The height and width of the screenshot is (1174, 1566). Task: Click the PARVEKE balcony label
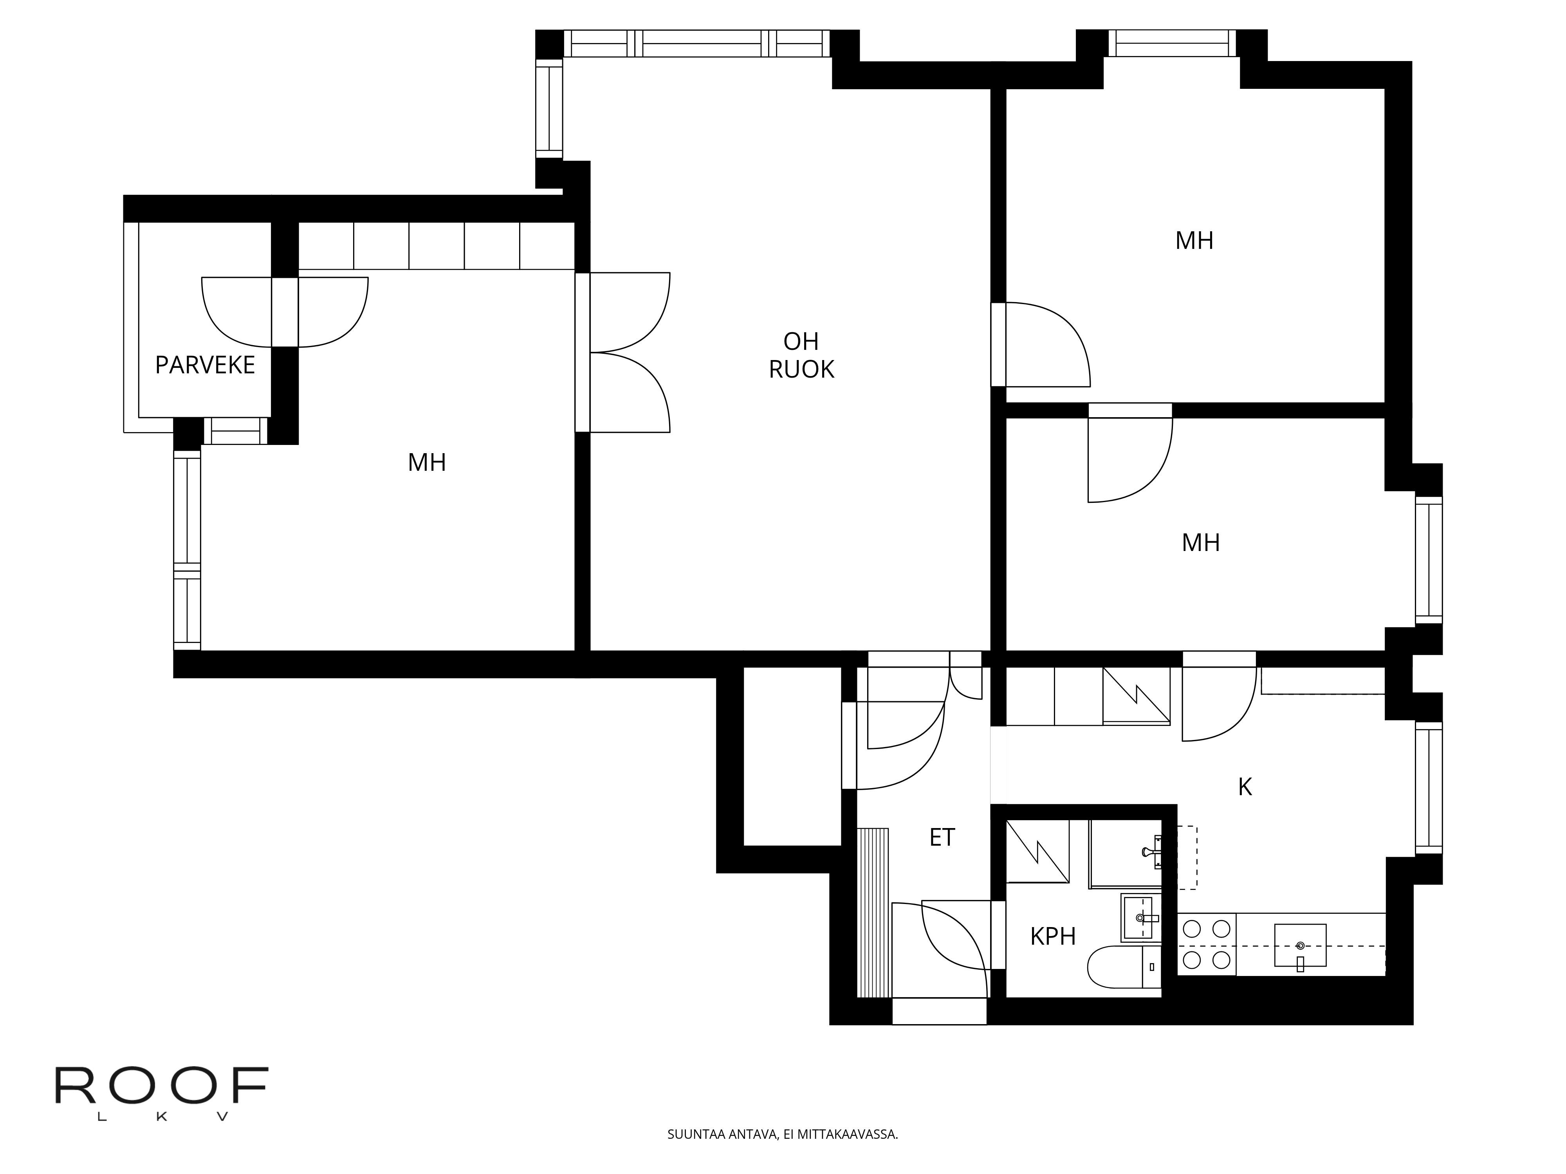point(205,365)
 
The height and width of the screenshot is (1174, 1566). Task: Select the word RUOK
point(801,369)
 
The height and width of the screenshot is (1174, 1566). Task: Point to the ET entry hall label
point(942,838)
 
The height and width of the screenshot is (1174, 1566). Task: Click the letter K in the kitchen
point(1245,787)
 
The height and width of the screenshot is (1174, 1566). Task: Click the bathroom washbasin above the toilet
point(1141,918)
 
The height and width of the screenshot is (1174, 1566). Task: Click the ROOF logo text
point(161,1086)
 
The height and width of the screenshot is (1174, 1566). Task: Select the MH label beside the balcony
point(427,463)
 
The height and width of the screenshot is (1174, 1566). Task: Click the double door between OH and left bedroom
point(623,353)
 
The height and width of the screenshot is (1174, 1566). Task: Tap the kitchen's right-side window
point(1429,788)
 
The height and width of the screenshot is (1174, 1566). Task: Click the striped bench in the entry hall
point(873,913)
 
